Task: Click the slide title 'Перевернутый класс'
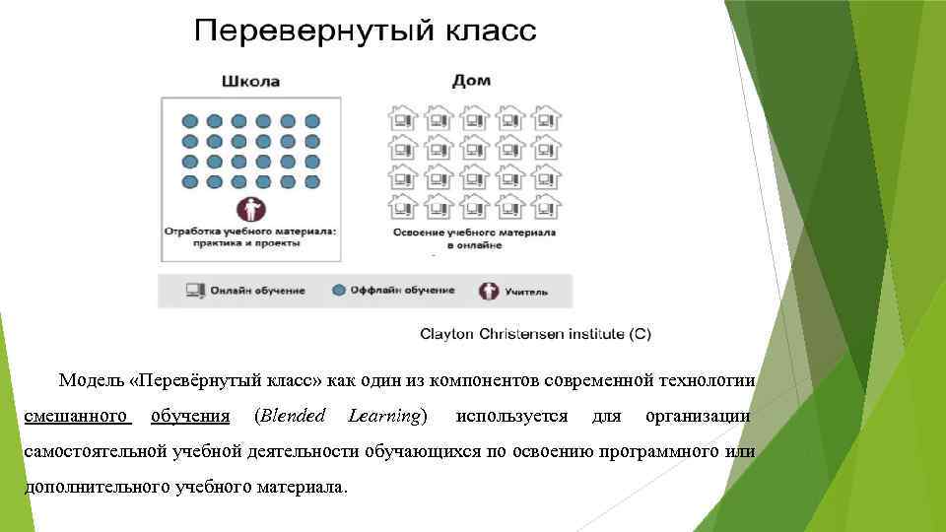[x=365, y=32]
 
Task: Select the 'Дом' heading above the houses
[x=471, y=81]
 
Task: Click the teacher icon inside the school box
[x=250, y=209]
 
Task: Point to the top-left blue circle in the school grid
[x=191, y=121]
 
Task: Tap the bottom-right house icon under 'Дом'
[x=545, y=205]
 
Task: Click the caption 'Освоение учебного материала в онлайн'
[x=474, y=238]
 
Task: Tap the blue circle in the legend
[x=339, y=291]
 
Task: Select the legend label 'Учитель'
[x=526, y=292]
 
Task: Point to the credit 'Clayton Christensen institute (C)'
[x=535, y=334]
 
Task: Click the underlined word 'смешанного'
[x=78, y=417]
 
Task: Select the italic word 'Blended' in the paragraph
[x=290, y=417]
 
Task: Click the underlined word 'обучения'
[x=190, y=417]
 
